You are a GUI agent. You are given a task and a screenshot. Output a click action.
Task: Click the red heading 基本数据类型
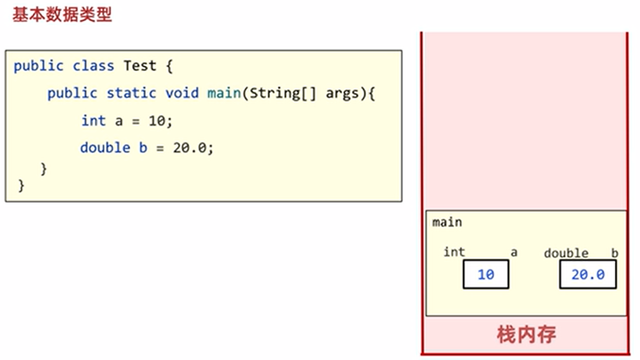point(62,15)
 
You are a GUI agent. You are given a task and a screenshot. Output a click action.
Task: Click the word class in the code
point(93,66)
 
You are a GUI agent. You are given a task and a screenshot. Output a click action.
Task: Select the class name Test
point(140,66)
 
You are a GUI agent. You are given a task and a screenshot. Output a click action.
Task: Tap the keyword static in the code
point(131,93)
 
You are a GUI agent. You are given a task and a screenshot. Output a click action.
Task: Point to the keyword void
point(182,93)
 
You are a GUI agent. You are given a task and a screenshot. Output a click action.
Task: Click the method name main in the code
point(224,93)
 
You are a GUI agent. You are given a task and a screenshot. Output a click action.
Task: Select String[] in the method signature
point(282,93)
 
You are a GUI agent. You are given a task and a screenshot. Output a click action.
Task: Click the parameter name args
point(342,93)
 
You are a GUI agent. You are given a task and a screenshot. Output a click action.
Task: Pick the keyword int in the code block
point(94,121)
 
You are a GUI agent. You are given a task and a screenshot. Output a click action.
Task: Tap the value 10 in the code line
point(157,121)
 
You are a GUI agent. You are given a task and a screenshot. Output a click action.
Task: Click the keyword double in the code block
point(105,148)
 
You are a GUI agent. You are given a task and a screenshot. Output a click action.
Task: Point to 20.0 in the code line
point(190,148)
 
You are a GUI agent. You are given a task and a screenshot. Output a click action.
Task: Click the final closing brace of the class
point(21,186)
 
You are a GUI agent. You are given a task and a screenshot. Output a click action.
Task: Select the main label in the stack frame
point(447,222)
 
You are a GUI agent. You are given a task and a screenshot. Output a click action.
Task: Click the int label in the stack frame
point(454,252)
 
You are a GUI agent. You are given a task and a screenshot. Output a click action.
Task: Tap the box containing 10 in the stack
point(486,274)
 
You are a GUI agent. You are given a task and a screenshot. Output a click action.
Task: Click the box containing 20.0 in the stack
point(588,274)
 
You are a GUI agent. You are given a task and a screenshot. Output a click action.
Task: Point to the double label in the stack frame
point(566,253)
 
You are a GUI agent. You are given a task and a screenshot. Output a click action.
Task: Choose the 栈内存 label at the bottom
point(526,334)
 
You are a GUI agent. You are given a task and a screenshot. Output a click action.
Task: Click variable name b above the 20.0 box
point(614,253)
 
